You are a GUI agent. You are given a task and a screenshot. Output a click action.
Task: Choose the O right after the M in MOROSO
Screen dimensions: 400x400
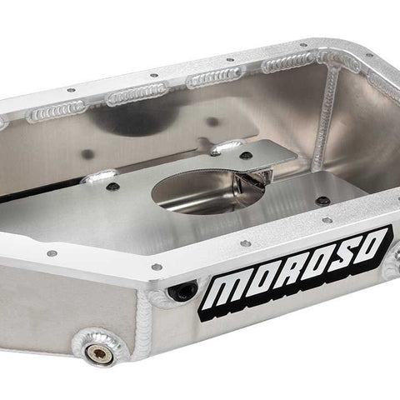[265, 280]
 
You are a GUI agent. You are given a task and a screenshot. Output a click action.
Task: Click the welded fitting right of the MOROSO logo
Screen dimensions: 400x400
[392, 261]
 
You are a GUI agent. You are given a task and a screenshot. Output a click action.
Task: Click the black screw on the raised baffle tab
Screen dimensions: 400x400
[245, 156]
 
